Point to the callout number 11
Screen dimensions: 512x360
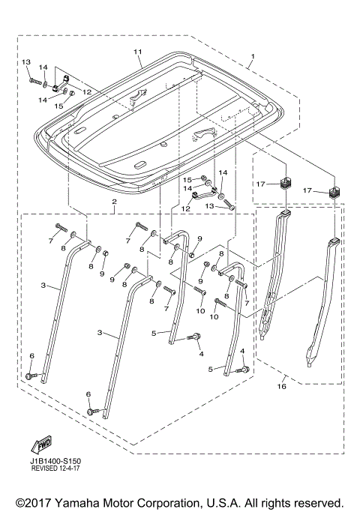137,51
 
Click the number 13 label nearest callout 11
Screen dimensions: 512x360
26,61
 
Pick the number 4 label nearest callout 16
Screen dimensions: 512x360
242,352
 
